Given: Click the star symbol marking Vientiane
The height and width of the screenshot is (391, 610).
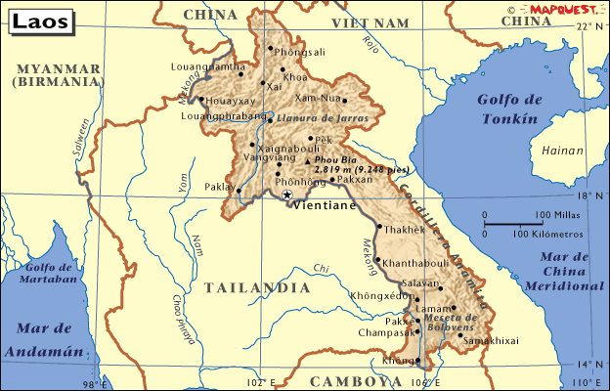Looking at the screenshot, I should click(286, 195).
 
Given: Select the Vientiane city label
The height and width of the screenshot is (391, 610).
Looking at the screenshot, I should click(323, 207).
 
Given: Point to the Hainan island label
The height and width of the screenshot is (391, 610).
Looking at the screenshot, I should click(559, 151).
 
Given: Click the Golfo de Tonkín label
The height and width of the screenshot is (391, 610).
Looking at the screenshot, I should click(508, 109).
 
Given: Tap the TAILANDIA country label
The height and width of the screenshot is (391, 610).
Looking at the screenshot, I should click(257, 287).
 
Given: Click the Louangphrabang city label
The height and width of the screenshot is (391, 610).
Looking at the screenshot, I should click(225, 116).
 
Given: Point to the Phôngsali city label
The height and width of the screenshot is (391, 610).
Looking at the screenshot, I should click(300, 52).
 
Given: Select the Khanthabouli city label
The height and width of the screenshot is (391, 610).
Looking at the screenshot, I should click(416, 264).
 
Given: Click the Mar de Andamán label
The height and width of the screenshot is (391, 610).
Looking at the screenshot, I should click(39, 338).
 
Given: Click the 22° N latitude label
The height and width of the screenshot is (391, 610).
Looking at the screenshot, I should click(589, 26).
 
